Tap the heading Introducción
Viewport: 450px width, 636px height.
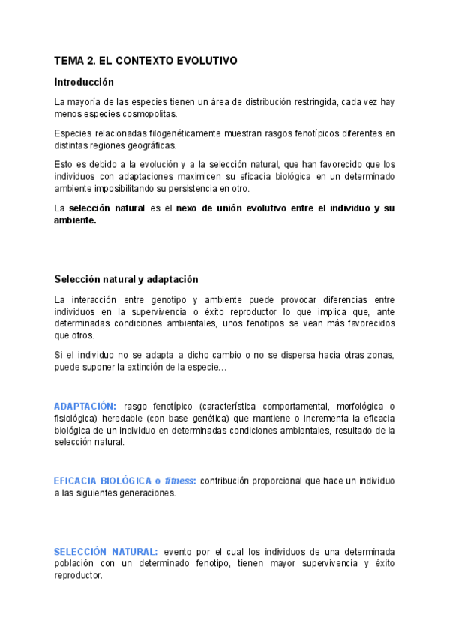84,82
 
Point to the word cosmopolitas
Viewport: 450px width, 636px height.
149,113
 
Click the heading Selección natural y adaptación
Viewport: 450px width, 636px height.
126,279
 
